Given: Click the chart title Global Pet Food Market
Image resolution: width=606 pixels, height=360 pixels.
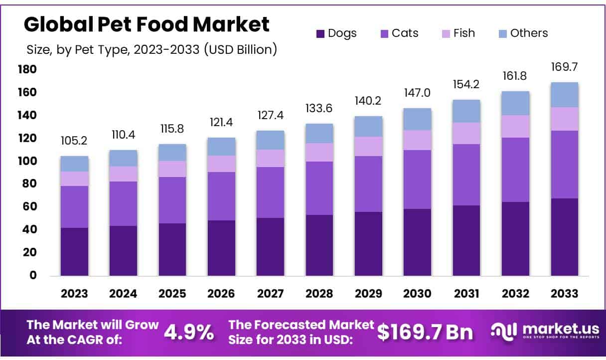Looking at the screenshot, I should click(147, 24).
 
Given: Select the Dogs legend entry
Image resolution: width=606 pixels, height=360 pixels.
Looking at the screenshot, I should click(336, 33).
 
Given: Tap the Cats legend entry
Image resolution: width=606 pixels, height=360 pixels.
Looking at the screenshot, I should click(399, 33).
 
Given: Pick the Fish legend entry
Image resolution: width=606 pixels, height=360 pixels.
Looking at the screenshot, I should click(457, 33).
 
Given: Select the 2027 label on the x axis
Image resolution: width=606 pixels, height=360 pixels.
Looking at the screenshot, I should click(270, 294).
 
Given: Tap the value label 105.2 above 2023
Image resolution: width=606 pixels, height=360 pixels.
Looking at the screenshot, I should click(74, 141).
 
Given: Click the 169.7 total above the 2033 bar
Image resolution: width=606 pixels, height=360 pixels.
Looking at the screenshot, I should click(565, 67).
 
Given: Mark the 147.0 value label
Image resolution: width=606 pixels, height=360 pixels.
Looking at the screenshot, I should click(417, 93).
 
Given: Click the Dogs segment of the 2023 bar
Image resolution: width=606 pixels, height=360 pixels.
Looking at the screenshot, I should click(74, 251).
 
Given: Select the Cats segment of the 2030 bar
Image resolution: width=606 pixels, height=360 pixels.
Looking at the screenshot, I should click(417, 180).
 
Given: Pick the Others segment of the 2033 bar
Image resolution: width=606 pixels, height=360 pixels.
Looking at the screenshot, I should click(565, 95).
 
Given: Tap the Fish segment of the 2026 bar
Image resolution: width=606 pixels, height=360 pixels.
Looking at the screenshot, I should click(221, 164).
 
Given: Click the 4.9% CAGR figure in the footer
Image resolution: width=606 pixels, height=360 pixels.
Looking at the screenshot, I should click(189, 332).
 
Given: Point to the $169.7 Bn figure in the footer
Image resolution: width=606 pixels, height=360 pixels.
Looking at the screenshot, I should click(425, 332).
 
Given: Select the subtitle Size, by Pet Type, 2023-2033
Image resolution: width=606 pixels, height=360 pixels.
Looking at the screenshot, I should click(151, 49).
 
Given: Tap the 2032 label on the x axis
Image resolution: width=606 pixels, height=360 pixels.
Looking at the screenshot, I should click(515, 294).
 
